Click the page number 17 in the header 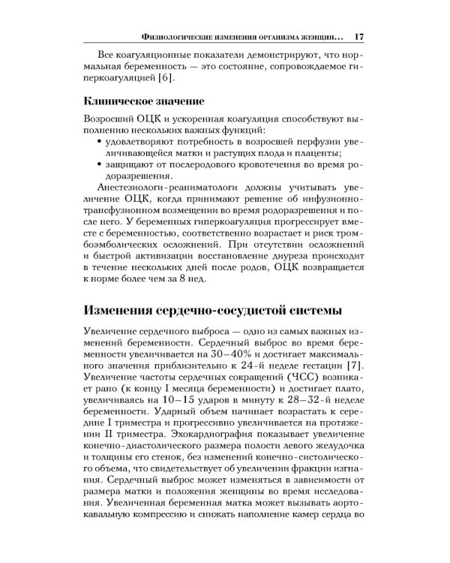[x=358, y=36]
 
